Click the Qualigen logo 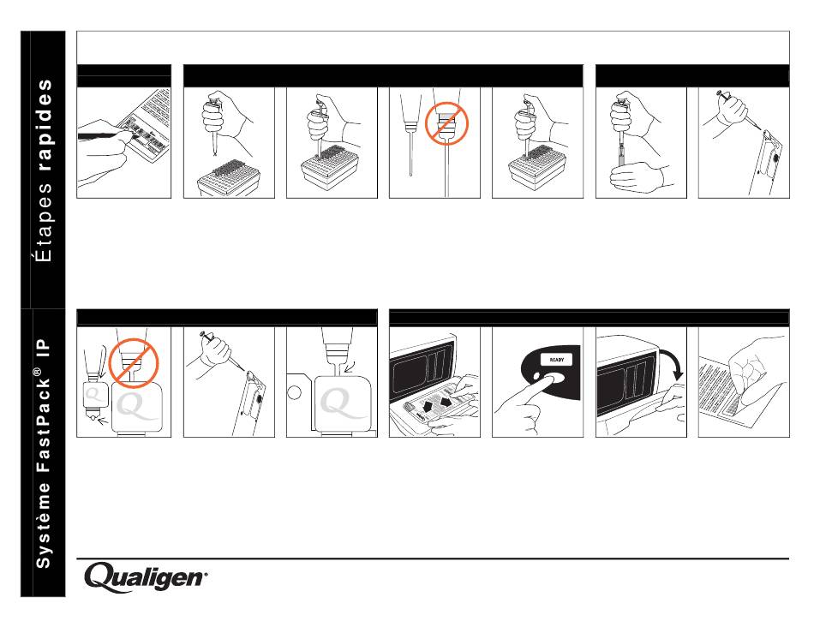[x=145, y=577]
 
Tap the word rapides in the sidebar [x=45, y=125]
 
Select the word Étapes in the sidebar [x=45, y=222]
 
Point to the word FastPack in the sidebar [x=44, y=424]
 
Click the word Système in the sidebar [x=44, y=525]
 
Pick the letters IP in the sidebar [x=44, y=348]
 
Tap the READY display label [x=556, y=360]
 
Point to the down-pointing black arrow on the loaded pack [x=428, y=404]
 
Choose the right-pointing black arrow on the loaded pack [x=446, y=401]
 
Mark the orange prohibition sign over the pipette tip [x=446, y=123]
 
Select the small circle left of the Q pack [x=295, y=391]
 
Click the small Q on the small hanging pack [x=93, y=395]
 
